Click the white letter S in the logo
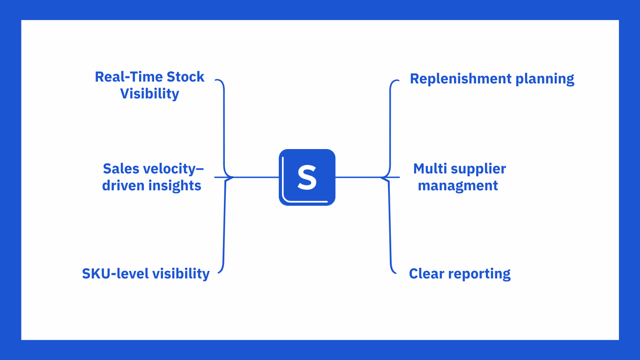click(307, 177)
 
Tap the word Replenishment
click(461, 79)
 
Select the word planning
click(545, 79)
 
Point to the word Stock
click(186, 77)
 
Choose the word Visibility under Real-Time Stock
click(149, 94)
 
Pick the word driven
click(123, 185)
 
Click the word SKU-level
click(115, 274)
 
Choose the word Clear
click(426, 274)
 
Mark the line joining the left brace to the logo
click(256, 177)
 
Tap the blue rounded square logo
click(307, 177)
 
